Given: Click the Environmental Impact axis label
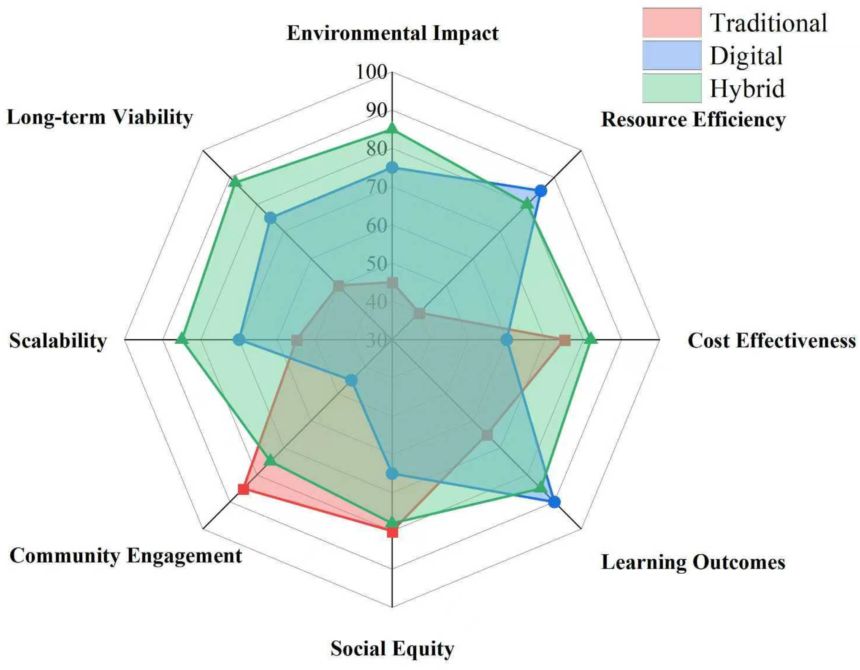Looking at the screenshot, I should [392, 33].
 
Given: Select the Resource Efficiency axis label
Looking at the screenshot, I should [693, 120].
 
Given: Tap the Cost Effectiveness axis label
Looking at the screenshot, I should [771, 340].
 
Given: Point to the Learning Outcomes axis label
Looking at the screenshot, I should [693, 562].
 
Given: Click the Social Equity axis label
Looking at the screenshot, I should [392, 648].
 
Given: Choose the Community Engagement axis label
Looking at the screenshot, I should [126, 556].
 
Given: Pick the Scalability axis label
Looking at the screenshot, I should [58, 340].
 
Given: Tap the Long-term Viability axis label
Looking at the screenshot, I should [100, 117].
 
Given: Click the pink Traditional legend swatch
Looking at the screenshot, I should [671, 22].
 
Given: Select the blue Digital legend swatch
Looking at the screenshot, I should [671, 55].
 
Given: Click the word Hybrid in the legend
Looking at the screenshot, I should [747, 88].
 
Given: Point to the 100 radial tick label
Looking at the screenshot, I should [371, 72].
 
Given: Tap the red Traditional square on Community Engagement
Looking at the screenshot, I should [243, 489].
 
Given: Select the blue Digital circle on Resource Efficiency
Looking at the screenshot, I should [541, 191].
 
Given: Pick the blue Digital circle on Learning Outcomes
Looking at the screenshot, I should [554, 502].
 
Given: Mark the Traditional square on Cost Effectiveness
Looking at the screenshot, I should [564, 340].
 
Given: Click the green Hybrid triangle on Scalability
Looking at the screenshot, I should [181, 339].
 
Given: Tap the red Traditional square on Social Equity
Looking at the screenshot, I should [392, 532].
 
